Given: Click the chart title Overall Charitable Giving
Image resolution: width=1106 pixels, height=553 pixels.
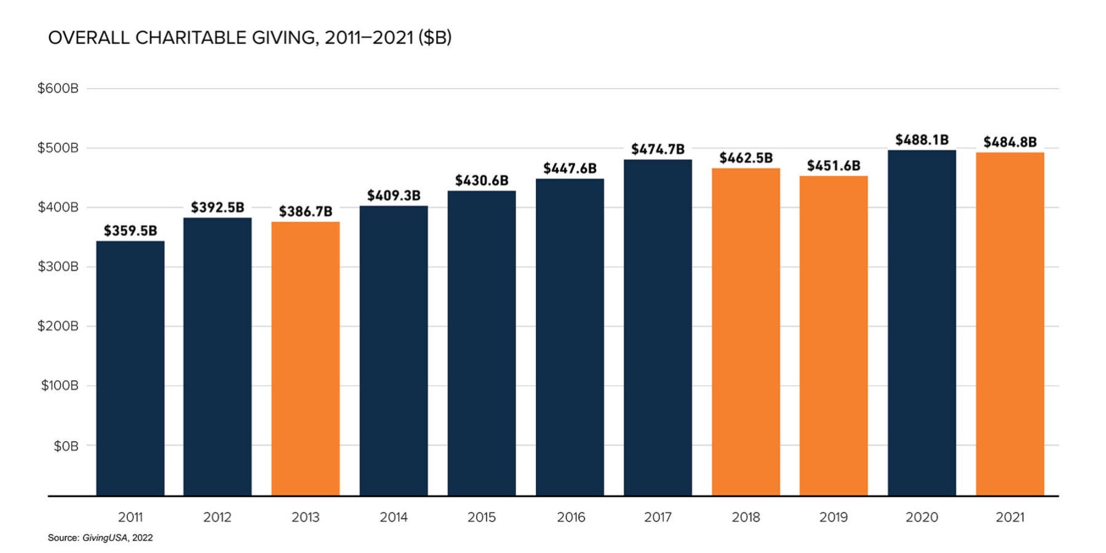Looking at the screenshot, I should pyautogui.click(x=249, y=38).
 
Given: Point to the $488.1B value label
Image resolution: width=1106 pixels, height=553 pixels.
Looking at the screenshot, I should pyautogui.click(x=921, y=140).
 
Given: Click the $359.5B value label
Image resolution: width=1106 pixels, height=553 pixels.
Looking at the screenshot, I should pyautogui.click(x=130, y=231).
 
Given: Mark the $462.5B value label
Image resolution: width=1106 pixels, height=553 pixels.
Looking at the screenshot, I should pyautogui.click(x=746, y=159).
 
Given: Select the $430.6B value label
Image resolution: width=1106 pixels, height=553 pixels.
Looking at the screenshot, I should pyautogui.click(x=482, y=181).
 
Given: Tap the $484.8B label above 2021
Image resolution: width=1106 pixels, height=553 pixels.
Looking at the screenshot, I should pyautogui.click(x=1009, y=143).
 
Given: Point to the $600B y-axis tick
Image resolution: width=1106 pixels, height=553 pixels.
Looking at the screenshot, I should pyautogui.click(x=58, y=89).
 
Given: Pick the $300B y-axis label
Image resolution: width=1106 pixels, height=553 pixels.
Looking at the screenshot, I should pyautogui.click(x=58, y=267).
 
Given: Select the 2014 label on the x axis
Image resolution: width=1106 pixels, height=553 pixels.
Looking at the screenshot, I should pyautogui.click(x=393, y=517).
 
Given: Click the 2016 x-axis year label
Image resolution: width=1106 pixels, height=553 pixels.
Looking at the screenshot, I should pyautogui.click(x=570, y=517).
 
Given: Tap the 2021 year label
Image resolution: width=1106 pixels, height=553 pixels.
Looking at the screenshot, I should pyautogui.click(x=1009, y=517).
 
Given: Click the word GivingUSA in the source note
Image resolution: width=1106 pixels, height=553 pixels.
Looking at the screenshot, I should pyautogui.click(x=105, y=538).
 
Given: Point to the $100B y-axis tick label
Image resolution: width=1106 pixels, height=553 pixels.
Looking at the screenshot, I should pyautogui.click(x=59, y=386).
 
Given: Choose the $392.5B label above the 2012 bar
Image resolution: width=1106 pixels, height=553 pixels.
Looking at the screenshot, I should pyautogui.click(x=217, y=208).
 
